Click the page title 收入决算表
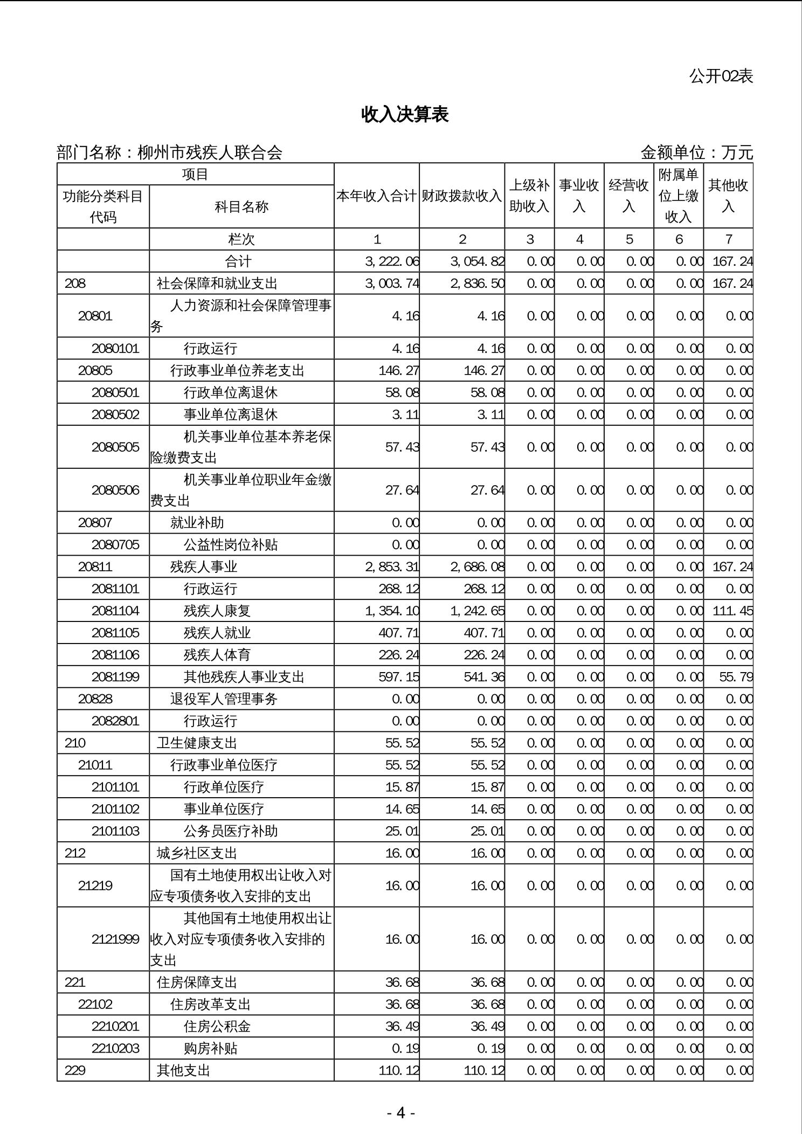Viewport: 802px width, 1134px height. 405,115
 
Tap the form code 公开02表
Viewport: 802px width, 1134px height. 721,77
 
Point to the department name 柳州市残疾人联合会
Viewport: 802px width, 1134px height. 210,153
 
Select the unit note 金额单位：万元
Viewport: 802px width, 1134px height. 696,153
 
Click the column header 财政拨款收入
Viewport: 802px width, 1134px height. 462,196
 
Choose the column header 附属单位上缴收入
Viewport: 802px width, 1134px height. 679,196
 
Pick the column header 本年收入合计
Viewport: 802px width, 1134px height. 377,196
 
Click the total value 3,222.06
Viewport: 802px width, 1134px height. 392,261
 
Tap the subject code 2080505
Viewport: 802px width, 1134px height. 115,447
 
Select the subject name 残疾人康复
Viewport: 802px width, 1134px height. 217,611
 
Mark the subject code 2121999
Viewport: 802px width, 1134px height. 115,939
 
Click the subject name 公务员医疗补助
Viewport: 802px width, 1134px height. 231,831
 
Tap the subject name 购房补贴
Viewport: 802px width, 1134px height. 217,1048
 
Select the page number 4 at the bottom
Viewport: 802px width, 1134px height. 400,1112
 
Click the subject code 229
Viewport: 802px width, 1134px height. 75,1070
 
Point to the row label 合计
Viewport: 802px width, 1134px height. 238,261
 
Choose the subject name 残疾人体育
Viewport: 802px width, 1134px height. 217,655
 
